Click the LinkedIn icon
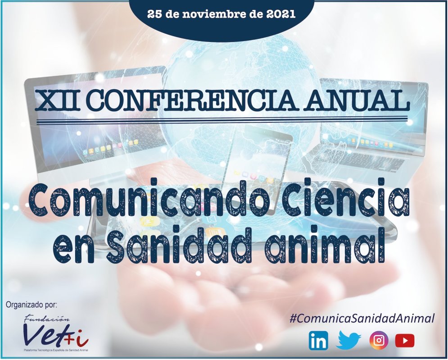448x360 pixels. tap(318, 341)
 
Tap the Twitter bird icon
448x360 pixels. tap(348, 340)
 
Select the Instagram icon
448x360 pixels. tap(379, 341)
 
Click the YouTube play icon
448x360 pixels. tap(405, 341)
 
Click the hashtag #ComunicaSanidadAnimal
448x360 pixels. tap(362, 319)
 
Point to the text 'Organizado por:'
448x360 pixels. tap(32, 305)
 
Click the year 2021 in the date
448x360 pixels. tap(281, 14)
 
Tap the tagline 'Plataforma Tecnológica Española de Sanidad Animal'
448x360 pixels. tap(56, 350)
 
